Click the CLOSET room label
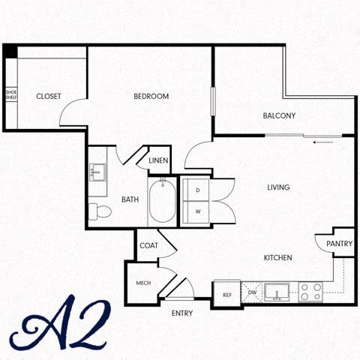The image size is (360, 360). pos(49,97)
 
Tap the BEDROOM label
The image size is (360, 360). pos(151,97)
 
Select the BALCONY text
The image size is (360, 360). pos(279,115)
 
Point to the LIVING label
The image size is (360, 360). pos(278,187)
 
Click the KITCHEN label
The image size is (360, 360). pos(277,258)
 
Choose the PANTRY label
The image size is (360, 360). pos(339,244)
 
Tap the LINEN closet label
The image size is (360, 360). pos(158,161)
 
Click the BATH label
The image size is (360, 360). pos(130,199)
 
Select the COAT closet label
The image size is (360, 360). pos(148,246)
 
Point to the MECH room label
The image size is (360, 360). pos(143,283)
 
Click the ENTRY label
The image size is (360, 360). pos(182,313)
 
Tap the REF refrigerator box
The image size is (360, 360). pos(226,295)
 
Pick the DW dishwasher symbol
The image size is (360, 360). pos(252,292)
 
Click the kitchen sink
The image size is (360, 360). pos(277,291)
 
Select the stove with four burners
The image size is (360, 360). pos(310,292)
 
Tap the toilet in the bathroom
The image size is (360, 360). pos(98,211)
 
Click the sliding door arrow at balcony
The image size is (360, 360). pos(323,141)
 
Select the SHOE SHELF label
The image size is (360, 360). pos(11,94)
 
